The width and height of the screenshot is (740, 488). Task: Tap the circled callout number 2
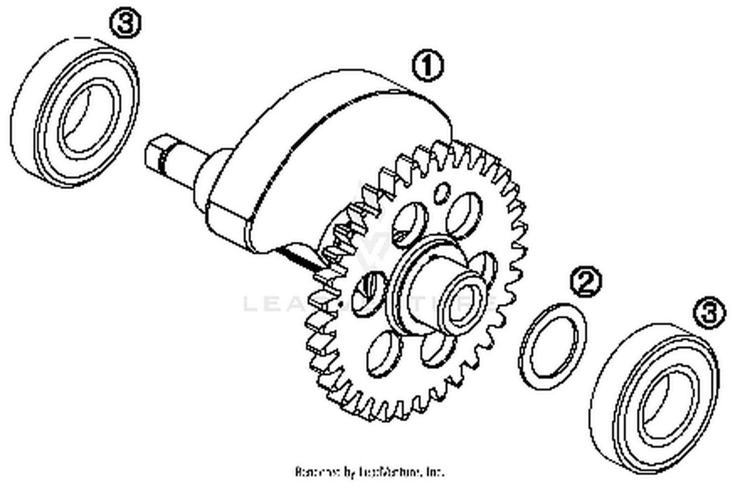[586, 282]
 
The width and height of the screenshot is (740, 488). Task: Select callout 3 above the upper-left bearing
[125, 23]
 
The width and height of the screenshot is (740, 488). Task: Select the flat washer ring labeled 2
[553, 345]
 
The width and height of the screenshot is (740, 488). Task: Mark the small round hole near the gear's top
[442, 193]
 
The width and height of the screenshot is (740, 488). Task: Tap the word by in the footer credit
[349, 472]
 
